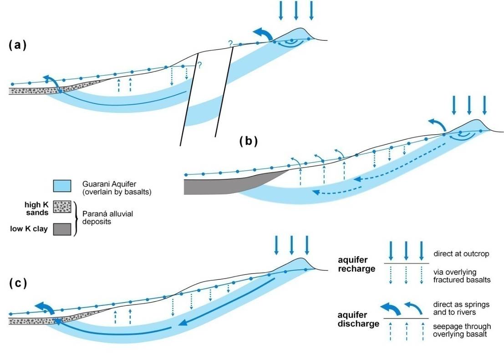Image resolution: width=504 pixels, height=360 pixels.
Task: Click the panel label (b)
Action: click(x=248, y=141)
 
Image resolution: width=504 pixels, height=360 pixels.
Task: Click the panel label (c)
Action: click(x=18, y=283)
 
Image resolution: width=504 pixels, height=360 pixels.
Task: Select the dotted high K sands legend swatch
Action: click(x=62, y=207)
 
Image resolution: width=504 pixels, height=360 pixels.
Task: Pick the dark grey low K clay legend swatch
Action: click(x=62, y=229)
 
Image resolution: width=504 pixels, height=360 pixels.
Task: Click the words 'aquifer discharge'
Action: click(x=358, y=319)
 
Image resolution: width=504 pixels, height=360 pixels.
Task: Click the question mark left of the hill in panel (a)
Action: click(x=231, y=43)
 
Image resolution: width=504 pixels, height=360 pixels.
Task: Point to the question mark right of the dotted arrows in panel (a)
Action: click(x=199, y=66)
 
